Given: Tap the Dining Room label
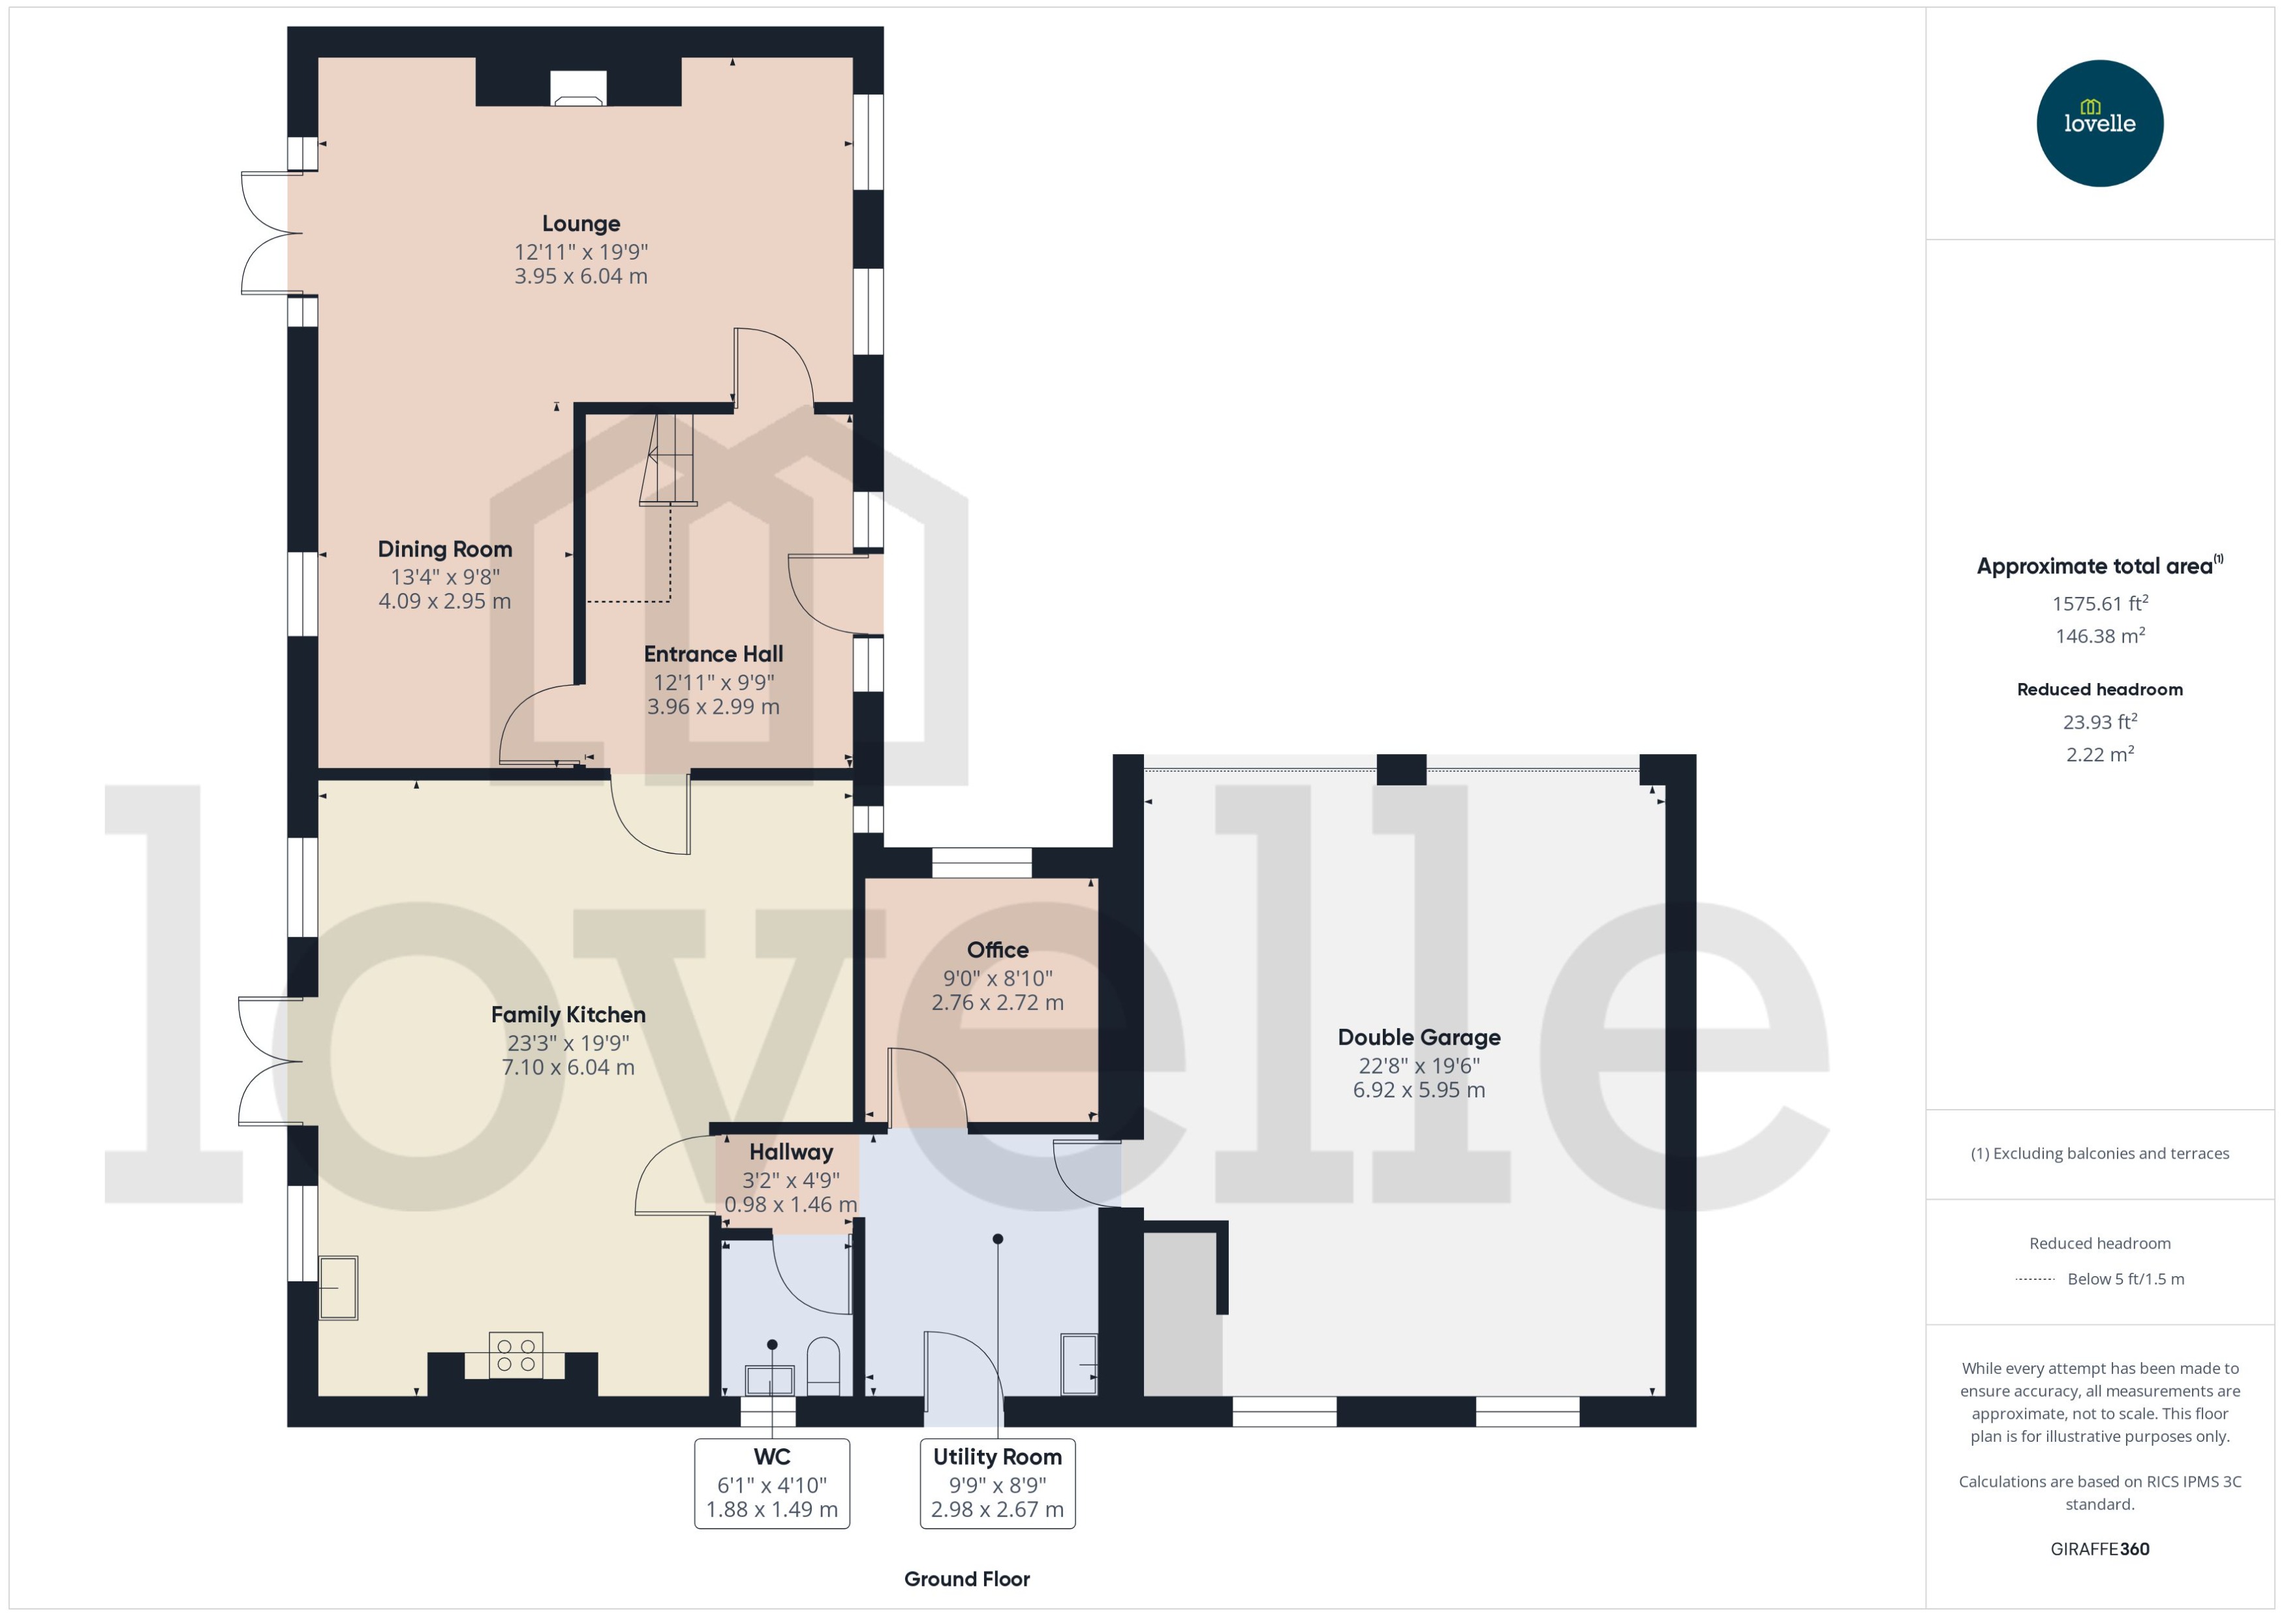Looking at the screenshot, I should click(x=445, y=549).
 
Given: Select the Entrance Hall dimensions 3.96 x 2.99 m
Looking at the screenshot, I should click(x=713, y=707).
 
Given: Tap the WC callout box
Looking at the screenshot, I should click(x=771, y=1483).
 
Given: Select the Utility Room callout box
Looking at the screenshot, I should click(x=997, y=1483).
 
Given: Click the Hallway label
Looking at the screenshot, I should click(x=790, y=1152).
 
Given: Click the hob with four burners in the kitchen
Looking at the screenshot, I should click(x=516, y=1355).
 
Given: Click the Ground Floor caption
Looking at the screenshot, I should click(x=966, y=1579).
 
